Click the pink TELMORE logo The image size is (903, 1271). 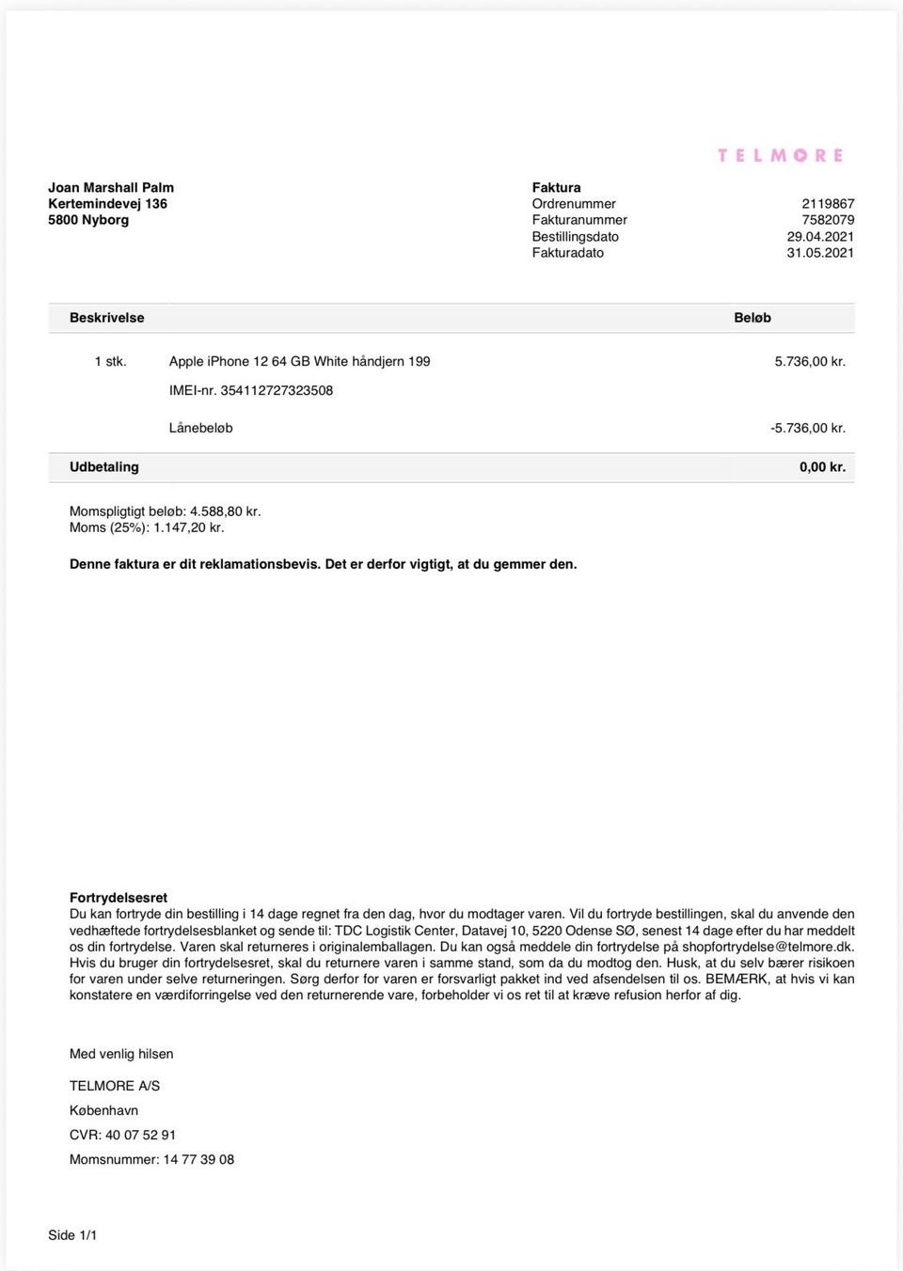click(x=780, y=155)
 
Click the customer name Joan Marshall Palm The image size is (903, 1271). click(x=111, y=187)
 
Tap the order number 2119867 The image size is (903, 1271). click(x=828, y=203)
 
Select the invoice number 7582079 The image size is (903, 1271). click(x=828, y=220)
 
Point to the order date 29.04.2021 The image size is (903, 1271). click(x=820, y=236)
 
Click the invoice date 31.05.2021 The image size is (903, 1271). click(x=820, y=252)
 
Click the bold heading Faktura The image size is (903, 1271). click(x=556, y=187)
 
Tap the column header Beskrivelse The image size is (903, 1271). click(x=106, y=318)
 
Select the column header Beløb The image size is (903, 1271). click(x=752, y=318)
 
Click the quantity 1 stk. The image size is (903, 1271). click(x=110, y=361)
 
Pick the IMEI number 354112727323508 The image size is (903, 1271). click(x=277, y=390)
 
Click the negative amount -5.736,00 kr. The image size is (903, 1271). click(x=808, y=428)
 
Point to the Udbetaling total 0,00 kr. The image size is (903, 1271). click(x=822, y=467)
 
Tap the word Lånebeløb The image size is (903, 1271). click(x=200, y=428)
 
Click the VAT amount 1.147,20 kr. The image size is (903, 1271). click(x=188, y=527)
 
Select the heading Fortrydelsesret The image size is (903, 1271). click(x=119, y=898)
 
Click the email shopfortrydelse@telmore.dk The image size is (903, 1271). click(x=768, y=947)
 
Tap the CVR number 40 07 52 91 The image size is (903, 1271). click(x=140, y=1135)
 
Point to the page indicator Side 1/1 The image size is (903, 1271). click(x=72, y=1235)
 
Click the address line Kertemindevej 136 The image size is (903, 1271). click(x=107, y=203)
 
